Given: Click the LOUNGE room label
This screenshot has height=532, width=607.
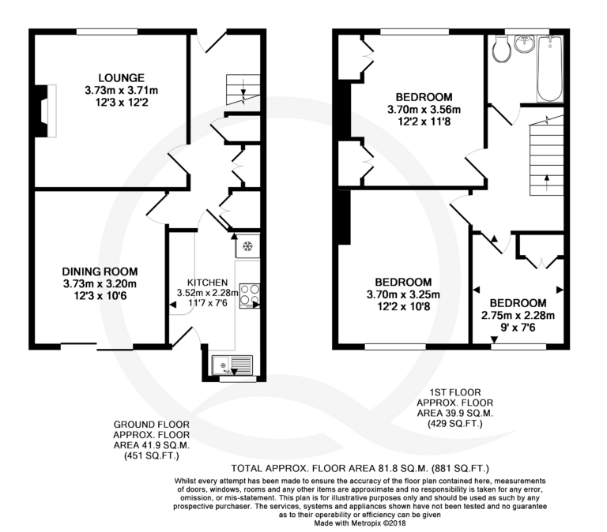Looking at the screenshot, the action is [x=121, y=78].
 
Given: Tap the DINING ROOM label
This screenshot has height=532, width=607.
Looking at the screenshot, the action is [x=100, y=272].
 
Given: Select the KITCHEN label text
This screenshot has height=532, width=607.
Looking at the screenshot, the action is [x=208, y=283].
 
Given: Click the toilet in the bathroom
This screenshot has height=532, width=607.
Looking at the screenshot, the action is [x=502, y=49].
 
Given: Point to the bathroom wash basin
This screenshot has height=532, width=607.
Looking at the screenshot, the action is [x=525, y=43].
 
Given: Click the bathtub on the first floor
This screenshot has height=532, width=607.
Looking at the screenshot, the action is [x=550, y=69].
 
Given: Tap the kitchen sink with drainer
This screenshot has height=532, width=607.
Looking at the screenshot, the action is [x=232, y=365].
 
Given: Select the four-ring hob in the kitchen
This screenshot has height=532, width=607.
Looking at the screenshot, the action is [x=250, y=296].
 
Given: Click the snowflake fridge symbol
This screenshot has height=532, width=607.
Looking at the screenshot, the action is [x=247, y=246].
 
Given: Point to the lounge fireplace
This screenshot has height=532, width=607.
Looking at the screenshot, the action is [x=46, y=111].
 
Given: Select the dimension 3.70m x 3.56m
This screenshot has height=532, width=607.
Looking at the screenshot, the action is [x=424, y=110].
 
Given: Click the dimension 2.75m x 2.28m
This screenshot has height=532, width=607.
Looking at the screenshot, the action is [x=518, y=316].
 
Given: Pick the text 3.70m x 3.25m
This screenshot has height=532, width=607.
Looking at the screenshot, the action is [x=403, y=295].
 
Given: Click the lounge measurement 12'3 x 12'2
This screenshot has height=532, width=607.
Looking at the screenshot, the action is [x=122, y=103].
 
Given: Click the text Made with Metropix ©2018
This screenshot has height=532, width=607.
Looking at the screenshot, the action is [x=360, y=523].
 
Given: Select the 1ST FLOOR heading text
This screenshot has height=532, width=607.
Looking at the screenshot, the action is [x=455, y=392].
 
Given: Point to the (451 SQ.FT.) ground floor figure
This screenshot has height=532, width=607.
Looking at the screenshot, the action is [x=152, y=456].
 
